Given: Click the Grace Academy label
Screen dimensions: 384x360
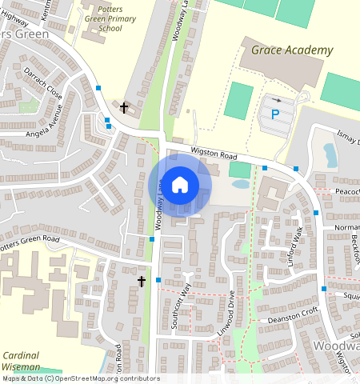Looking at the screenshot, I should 291,50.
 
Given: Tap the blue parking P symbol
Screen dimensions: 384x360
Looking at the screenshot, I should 276,115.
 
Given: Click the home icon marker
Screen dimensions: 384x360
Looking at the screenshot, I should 180,185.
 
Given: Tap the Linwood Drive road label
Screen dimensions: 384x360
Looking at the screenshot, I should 229,314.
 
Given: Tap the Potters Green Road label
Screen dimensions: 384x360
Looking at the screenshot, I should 30,243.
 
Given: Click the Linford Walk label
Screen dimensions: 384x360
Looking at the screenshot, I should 298,240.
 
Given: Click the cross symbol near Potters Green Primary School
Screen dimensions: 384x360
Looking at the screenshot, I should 123,106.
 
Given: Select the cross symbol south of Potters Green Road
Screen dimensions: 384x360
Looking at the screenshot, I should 142,282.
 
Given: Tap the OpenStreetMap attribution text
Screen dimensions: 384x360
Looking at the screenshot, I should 80,378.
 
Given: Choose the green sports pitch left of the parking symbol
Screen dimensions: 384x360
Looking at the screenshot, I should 237,101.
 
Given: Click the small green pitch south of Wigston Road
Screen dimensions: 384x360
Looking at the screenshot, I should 239,170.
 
